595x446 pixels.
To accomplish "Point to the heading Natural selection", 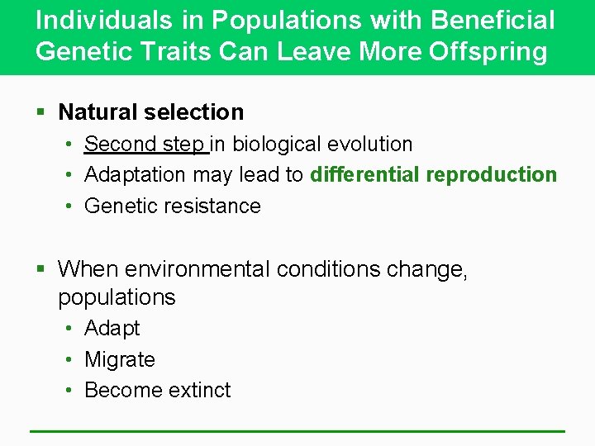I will [151, 111].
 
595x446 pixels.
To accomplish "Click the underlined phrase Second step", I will [145, 144].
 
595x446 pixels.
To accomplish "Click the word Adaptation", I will [136, 174].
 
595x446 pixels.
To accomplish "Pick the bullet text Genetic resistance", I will [173, 206].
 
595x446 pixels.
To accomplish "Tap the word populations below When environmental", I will [117, 297].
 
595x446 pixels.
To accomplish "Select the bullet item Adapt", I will [112, 329].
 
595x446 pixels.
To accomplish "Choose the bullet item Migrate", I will [120, 359].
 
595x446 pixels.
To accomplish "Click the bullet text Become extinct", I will [158, 390].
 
